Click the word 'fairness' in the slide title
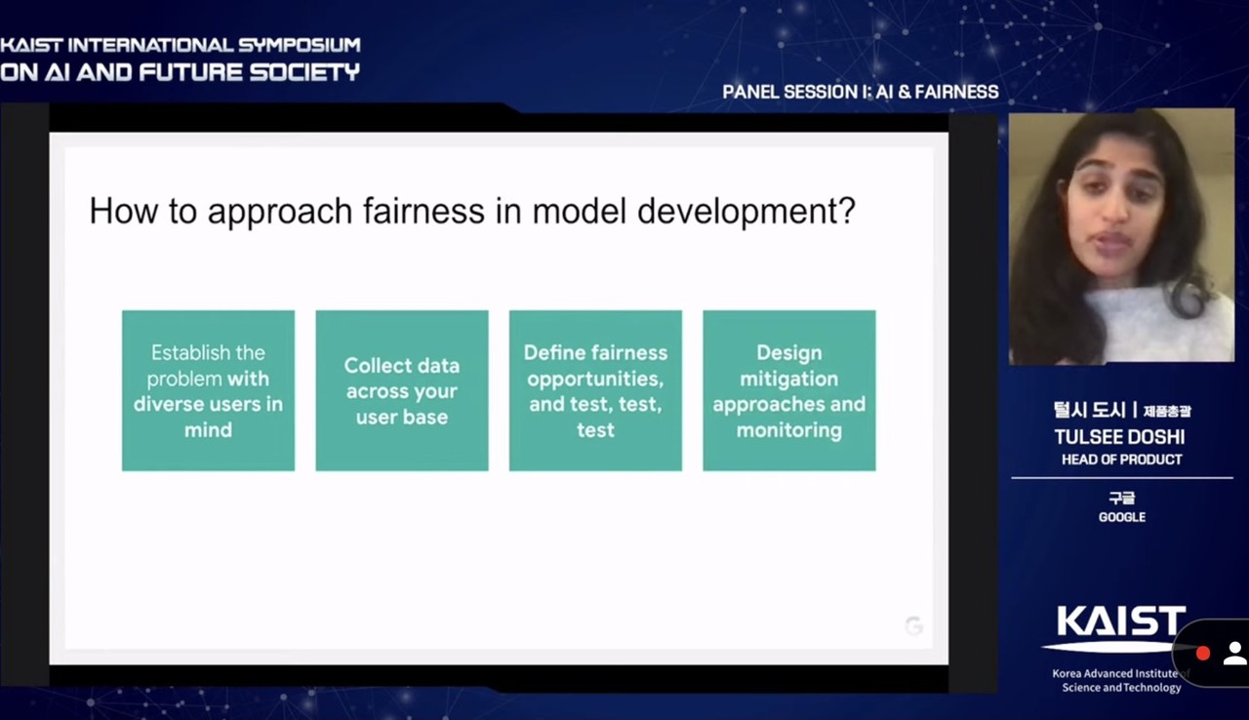tap(423, 211)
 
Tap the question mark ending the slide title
tap(846, 210)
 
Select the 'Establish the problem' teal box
tap(209, 390)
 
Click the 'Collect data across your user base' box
tap(402, 390)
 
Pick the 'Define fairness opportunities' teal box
tap(595, 390)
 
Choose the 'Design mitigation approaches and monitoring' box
tap(789, 390)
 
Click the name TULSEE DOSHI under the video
tap(1119, 437)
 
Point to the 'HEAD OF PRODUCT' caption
tap(1122, 460)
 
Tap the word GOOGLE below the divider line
tap(1122, 517)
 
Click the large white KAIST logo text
tap(1121, 620)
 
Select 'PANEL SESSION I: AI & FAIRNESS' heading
tap(861, 92)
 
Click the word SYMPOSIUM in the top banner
tap(300, 45)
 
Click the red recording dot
tap(1203, 653)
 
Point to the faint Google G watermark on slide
tap(914, 625)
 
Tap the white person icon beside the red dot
tap(1235, 653)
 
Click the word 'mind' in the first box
tap(208, 429)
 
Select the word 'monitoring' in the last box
tap(789, 430)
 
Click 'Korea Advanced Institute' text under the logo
tap(1115, 673)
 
